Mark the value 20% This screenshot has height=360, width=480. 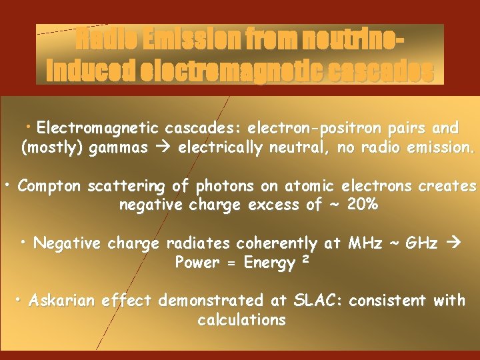[x=363, y=205]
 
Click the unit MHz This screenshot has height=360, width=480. [x=366, y=243]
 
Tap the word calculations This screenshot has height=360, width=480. [x=241, y=320]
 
